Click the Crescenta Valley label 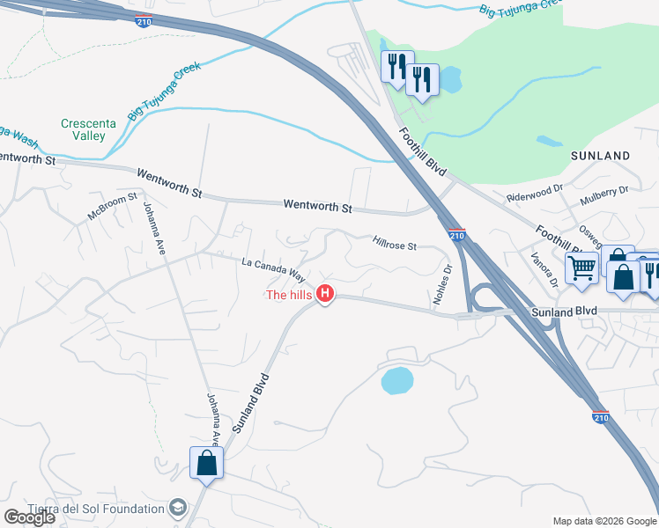[83, 130]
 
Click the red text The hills [289, 295]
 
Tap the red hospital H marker [325, 294]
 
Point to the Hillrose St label [394, 245]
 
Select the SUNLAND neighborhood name [600, 156]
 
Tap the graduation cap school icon [179, 509]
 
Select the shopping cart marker [581, 268]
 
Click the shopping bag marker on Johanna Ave [206, 462]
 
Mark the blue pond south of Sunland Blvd [397, 380]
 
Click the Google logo [29, 517]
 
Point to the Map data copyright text [605, 521]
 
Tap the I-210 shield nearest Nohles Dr [455, 235]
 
